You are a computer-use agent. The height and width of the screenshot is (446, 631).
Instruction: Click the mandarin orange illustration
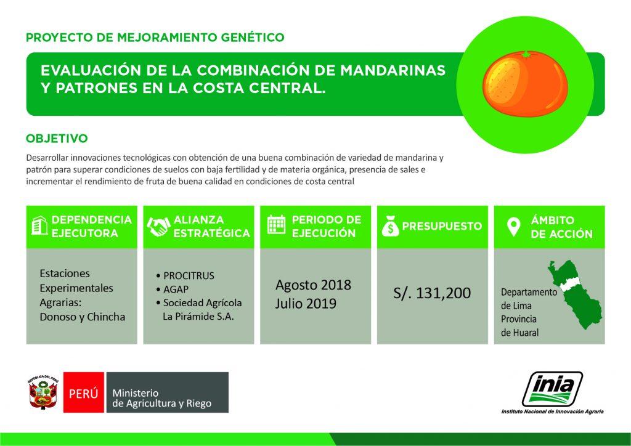tap(524, 82)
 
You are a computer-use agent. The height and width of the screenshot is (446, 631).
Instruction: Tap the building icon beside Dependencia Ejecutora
tap(39, 226)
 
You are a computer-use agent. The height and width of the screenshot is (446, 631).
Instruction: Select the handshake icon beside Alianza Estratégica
tap(158, 227)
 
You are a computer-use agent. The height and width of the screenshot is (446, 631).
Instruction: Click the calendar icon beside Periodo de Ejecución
tap(276, 226)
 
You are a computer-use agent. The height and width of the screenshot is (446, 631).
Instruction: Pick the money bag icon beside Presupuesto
tap(390, 226)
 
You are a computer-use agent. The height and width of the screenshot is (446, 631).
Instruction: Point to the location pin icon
tap(513, 227)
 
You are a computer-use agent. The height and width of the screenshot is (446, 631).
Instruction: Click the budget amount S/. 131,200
tap(432, 293)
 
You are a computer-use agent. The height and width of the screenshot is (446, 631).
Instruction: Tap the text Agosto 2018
tap(313, 285)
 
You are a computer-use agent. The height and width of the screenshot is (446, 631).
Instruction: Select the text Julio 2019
tap(306, 303)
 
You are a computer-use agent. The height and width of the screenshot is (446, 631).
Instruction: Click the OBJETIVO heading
tap(57, 138)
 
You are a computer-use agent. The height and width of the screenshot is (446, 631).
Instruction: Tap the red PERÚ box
tap(84, 392)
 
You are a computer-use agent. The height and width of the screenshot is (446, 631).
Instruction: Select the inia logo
tap(552, 390)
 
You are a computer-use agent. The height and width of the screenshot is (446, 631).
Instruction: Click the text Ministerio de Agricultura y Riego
tap(161, 399)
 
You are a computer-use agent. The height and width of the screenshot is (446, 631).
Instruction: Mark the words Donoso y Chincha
tap(82, 317)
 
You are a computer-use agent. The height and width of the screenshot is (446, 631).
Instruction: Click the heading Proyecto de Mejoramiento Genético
tap(155, 38)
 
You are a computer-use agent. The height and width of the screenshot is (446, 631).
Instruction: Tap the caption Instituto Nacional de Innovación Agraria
tap(552, 412)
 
